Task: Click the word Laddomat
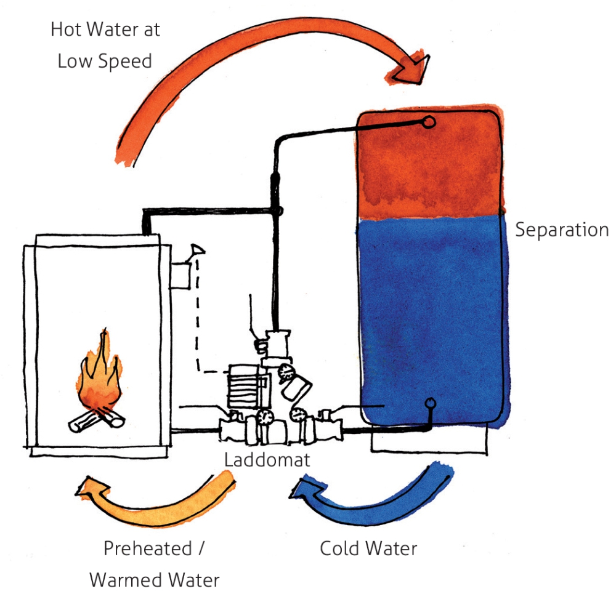pos(267,460)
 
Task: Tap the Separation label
pos(561,230)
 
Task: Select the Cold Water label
pos(368,548)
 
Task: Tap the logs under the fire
pos(95,421)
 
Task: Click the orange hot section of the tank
pos(431,163)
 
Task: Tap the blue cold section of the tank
pos(431,308)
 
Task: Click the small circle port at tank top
pos(430,122)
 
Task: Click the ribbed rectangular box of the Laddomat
pos(243,383)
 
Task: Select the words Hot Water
pos(105,30)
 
